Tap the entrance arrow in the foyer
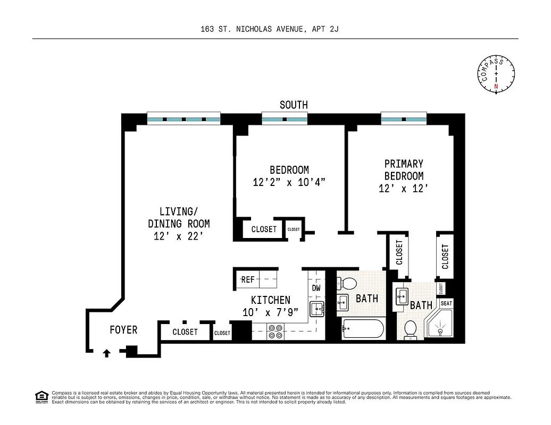106,352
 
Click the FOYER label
123,330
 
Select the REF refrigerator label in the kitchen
248,279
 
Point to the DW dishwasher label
316,288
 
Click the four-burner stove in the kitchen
275,331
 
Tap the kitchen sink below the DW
317,308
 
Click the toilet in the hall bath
349,283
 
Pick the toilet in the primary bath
410,329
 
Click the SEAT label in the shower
446,303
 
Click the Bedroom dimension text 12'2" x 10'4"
289,182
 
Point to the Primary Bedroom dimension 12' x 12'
404,188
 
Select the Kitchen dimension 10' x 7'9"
270,312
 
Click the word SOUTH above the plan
294,105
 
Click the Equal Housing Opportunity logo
41,396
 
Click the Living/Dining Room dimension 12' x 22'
178,236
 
